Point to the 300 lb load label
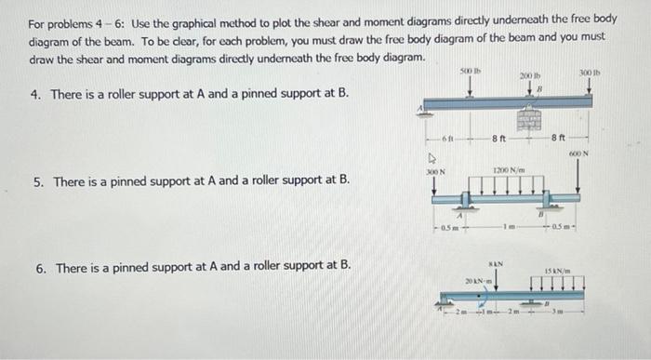pos(591,72)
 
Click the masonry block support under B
pos(531,121)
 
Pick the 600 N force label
pos(580,154)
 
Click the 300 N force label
pos(435,172)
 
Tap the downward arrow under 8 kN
pos(496,279)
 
